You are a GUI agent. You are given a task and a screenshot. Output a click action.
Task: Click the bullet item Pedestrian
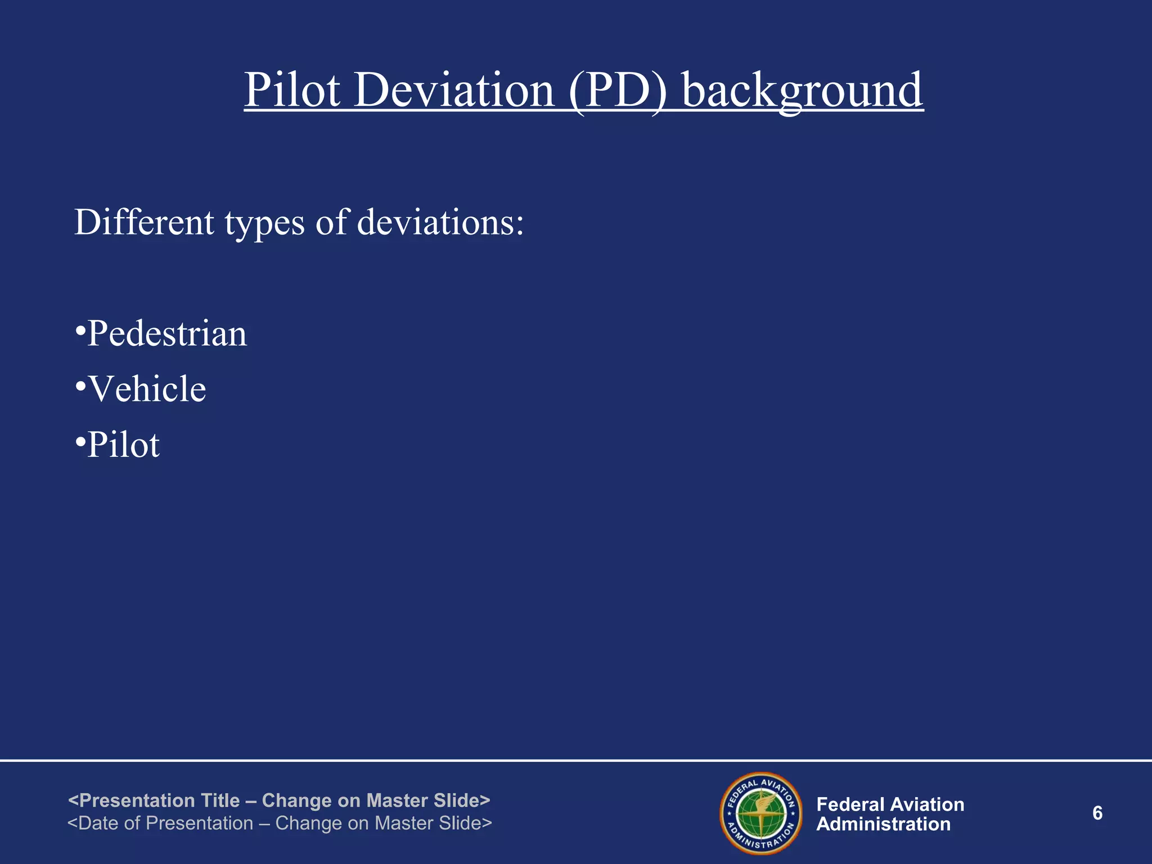click(167, 334)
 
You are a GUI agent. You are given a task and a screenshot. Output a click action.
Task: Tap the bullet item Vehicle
click(147, 389)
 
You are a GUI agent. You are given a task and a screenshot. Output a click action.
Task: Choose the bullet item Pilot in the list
click(124, 445)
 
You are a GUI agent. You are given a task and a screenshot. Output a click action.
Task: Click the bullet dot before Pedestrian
click(80, 328)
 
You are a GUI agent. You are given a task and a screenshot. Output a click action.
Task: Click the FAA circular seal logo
click(761, 813)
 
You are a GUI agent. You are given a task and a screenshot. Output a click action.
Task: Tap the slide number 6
click(1097, 813)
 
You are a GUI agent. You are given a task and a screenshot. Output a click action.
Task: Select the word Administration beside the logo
click(883, 825)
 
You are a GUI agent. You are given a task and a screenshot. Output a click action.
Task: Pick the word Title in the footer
click(220, 800)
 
